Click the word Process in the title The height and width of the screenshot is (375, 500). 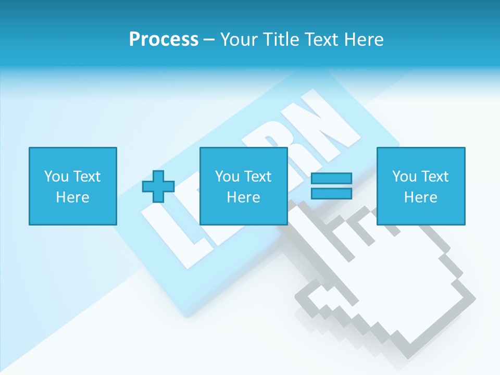pos(164,40)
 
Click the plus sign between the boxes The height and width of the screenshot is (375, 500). pos(158,186)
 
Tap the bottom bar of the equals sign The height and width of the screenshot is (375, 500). pos(332,193)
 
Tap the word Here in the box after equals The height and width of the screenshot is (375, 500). pos(421,197)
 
